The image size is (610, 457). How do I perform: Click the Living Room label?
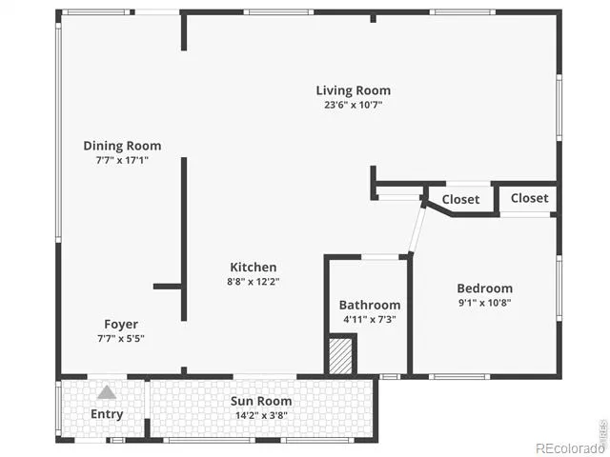pos(354,90)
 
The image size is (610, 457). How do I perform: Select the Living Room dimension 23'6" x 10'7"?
pos(354,105)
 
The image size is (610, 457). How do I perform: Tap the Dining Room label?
pos(122,146)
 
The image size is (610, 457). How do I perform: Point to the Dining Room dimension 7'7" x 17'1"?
pos(122,160)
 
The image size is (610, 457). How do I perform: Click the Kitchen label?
pos(254,268)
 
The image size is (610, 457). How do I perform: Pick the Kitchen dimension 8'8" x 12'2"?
pos(254,282)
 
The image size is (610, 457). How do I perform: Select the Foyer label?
pos(121,325)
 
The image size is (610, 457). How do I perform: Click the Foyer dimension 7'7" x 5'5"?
pos(121,339)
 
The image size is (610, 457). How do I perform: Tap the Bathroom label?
pos(370,306)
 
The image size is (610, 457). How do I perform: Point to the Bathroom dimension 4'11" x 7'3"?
pos(370,320)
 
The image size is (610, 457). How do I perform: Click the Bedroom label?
pos(485,288)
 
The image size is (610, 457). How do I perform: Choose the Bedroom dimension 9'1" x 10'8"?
pos(485,303)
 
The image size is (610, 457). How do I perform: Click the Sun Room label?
pos(261,401)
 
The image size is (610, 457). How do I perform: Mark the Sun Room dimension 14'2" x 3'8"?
pos(261,415)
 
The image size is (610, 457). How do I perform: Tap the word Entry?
pos(107,414)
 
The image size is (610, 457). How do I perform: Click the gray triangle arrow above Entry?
pos(107,392)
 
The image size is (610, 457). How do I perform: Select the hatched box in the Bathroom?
pos(341,356)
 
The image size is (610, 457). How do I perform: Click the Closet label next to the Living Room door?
pos(460,200)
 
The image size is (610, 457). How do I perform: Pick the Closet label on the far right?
pos(530,198)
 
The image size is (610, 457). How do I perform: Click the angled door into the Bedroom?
pos(417,229)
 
